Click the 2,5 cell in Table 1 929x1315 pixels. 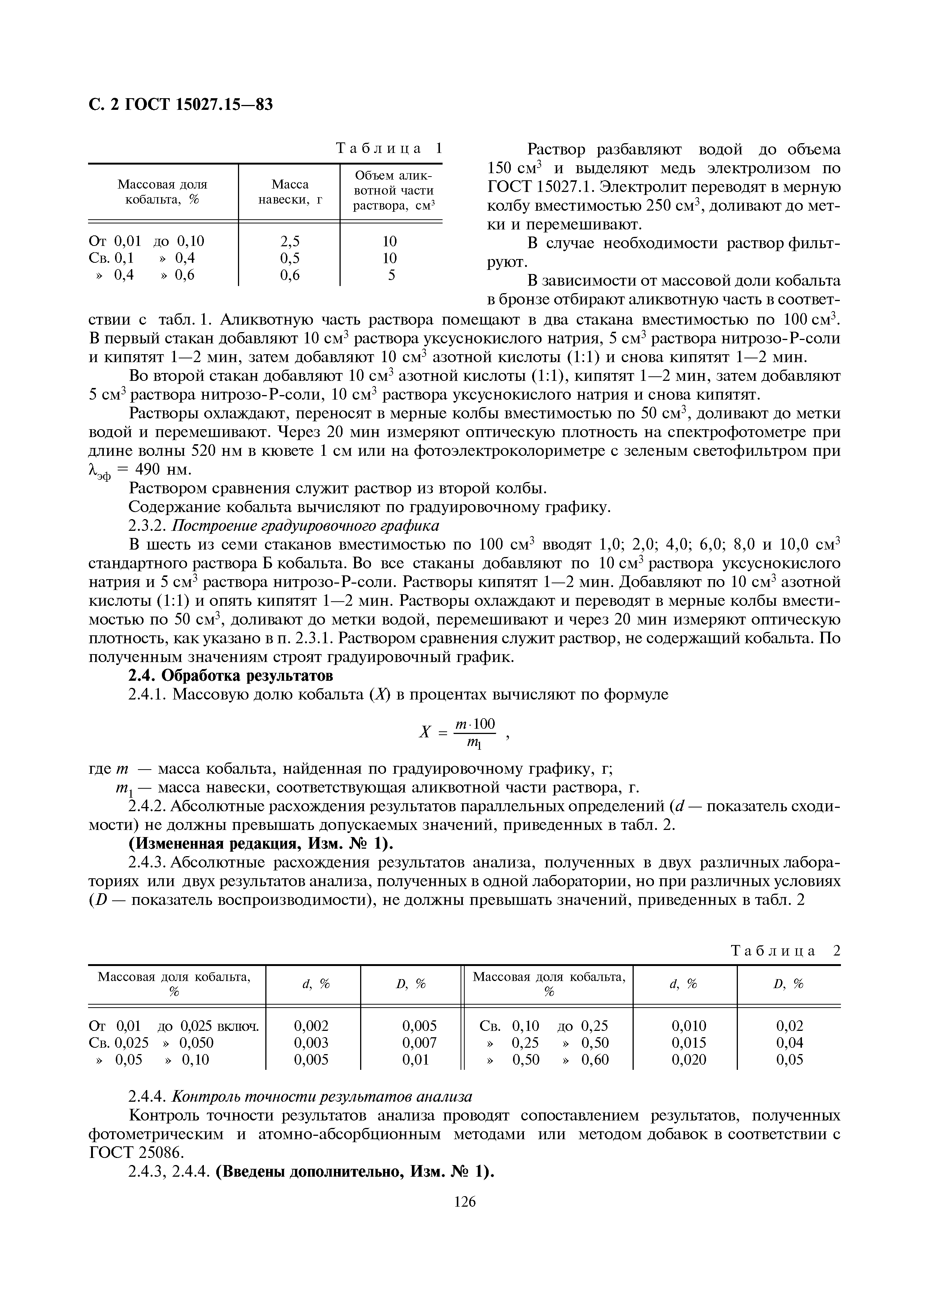click(289, 241)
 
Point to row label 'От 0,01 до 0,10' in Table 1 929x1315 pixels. click(147, 241)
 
